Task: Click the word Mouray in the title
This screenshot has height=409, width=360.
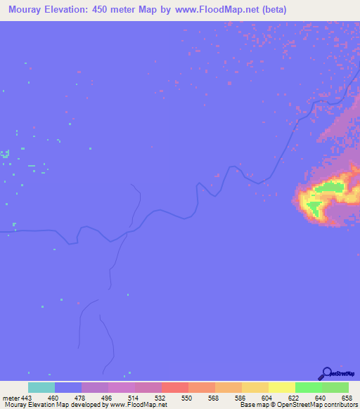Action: click(x=23, y=10)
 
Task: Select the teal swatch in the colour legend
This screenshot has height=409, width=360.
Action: click(x=41, y=387)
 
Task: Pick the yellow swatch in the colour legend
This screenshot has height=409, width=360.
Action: click(x=282, y=387)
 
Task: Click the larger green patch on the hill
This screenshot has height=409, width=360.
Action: click(x=330, y=187)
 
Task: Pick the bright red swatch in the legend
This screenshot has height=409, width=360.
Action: click(x=175, y=387)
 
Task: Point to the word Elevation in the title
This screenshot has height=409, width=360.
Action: click(x=70, y=10)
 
